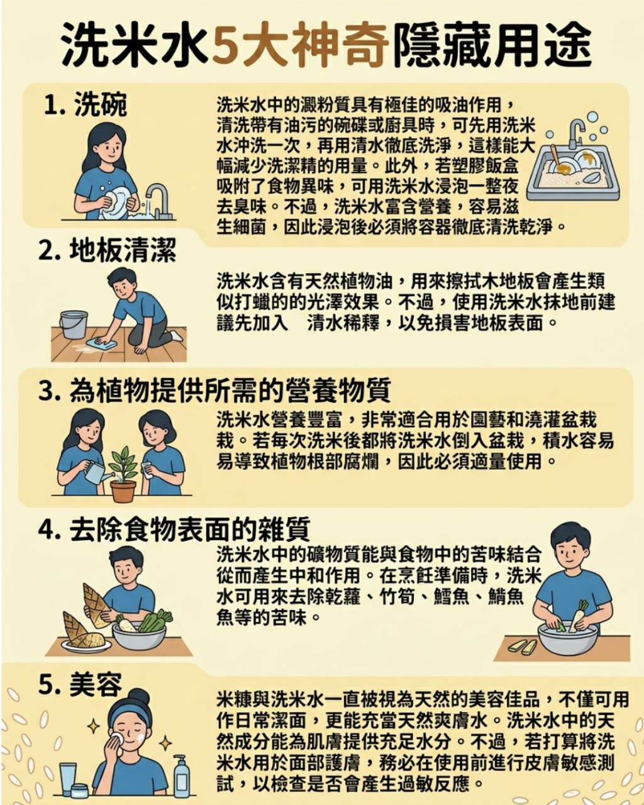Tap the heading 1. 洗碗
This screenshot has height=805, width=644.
86,104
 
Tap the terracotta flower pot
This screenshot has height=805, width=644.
123,491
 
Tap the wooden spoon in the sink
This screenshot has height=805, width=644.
557,160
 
